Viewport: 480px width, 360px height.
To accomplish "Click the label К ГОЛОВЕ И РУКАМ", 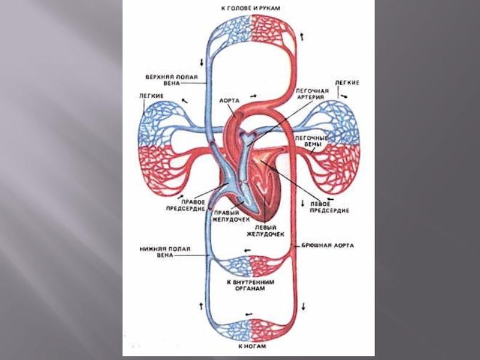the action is point(251,8).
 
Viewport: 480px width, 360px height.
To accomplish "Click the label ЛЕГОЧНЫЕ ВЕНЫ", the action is point(310,142).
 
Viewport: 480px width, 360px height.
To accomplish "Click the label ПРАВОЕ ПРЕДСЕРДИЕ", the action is point(184,206).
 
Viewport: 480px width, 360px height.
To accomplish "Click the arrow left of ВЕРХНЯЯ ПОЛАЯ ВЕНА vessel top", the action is point(202,62).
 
